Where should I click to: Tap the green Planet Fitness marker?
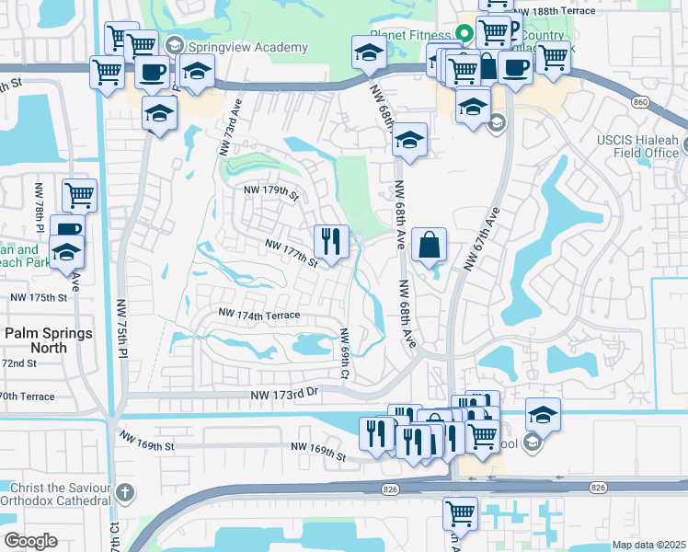[x=464, y=35]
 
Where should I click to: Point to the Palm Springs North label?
[x=48, y=340]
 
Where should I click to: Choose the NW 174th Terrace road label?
[x=259, y=315]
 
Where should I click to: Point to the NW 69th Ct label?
[x=345, y=354]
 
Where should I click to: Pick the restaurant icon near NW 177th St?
[x=329, y=242]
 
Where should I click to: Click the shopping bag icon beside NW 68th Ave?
[x=429, y=245]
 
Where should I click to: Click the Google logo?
[x=30, y=541]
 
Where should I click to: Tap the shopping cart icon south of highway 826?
[x=460, y=513]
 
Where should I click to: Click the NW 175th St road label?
[x=39, y=298]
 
